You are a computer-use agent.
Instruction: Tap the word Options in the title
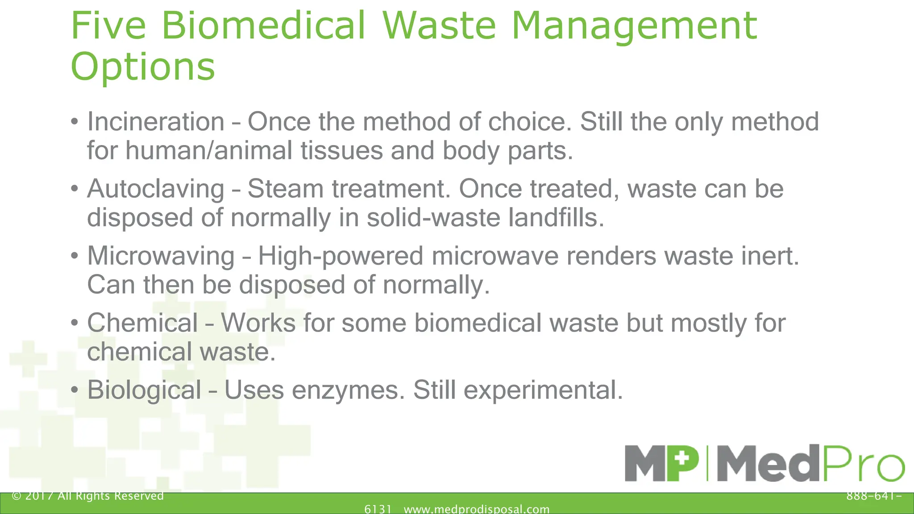[143, 66]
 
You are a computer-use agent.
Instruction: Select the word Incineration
[156, 121]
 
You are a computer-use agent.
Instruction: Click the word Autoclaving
[156, 189]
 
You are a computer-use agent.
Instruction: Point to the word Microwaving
[161, 256]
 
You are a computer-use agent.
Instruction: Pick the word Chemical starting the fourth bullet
[142, 323]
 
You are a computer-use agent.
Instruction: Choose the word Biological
[144, 390]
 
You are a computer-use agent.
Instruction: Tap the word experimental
[543, 390]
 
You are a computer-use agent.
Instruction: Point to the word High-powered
[341, 256]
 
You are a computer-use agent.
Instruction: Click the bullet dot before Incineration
[75, 122]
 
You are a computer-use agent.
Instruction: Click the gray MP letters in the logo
[662, 464]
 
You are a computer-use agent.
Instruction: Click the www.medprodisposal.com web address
[477, 509]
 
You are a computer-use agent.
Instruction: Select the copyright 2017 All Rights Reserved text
[88, 496]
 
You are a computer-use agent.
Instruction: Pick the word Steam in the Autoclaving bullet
[286, 189]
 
